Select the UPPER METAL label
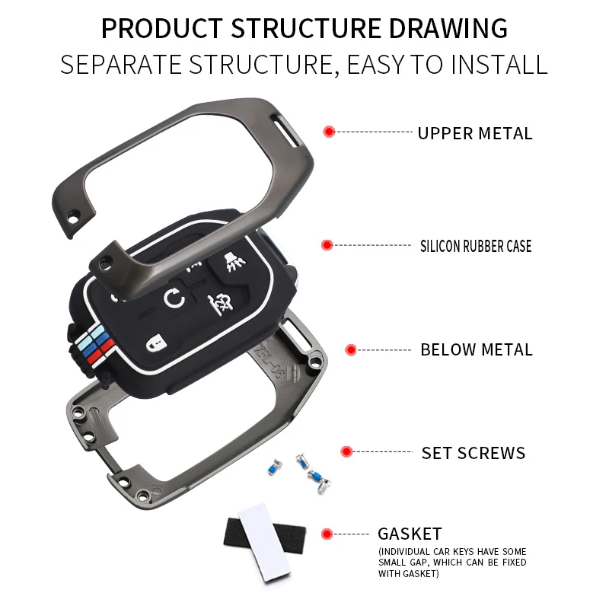coord(474,133)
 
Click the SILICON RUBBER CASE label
coord(476,246)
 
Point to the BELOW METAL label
coord(477,350)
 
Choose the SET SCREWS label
coord(473,453)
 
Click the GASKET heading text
coord(410,534)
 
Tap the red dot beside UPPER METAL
coord(329,132)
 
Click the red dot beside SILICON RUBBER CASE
coord(327,245)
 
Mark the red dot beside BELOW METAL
coord(351,350)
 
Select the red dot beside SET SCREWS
coord(346,451)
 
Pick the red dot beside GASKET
coord(327,534)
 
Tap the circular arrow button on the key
coord(174,299)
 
